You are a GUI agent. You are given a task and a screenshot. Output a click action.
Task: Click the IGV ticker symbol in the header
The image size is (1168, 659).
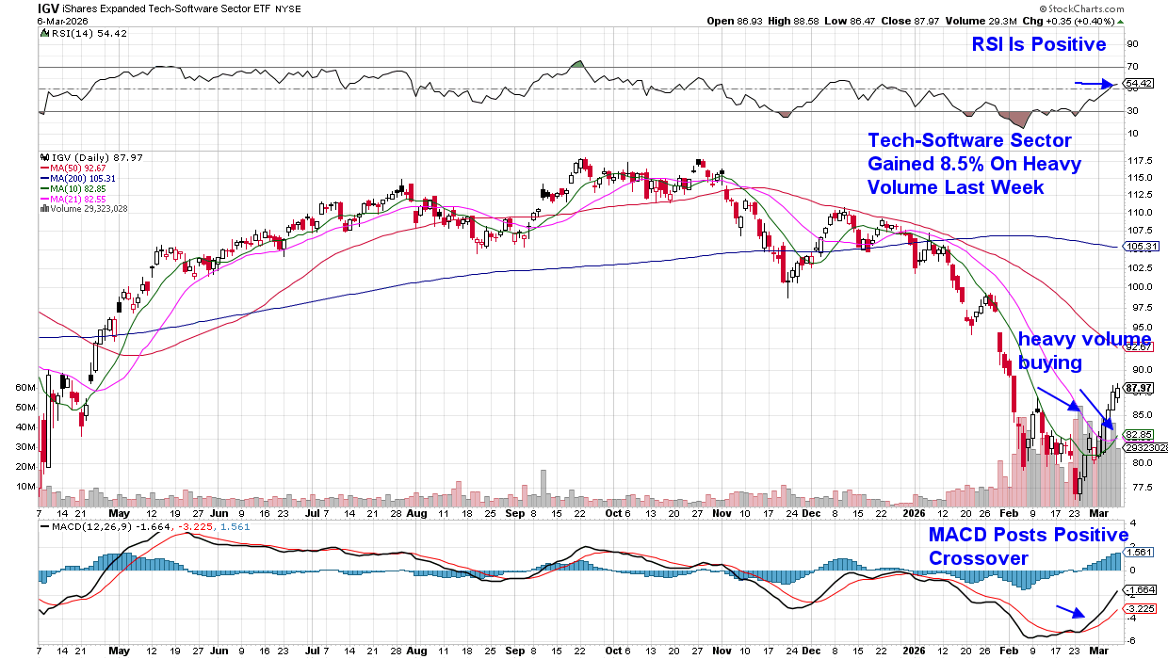tap(49, 8)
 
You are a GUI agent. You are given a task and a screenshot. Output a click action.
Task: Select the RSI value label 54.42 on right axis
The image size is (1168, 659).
tap(1141, 84)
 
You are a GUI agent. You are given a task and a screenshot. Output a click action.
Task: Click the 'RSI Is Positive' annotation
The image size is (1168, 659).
tap(1039, 44)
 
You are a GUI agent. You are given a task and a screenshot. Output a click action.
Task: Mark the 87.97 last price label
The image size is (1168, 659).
tap(1141, 388)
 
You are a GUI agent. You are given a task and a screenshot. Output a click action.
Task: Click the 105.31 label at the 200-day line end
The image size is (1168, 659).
tap(1141, 246)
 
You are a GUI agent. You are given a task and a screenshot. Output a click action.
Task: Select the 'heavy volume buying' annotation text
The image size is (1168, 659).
tap(1083, 349)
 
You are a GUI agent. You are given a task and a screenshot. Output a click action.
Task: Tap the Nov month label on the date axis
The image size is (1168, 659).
tap(722, 514)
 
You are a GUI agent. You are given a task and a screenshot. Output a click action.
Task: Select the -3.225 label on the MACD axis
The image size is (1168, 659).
tap(1141, 609)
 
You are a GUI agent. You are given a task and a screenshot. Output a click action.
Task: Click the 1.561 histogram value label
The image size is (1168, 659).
tap(1141, 554)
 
